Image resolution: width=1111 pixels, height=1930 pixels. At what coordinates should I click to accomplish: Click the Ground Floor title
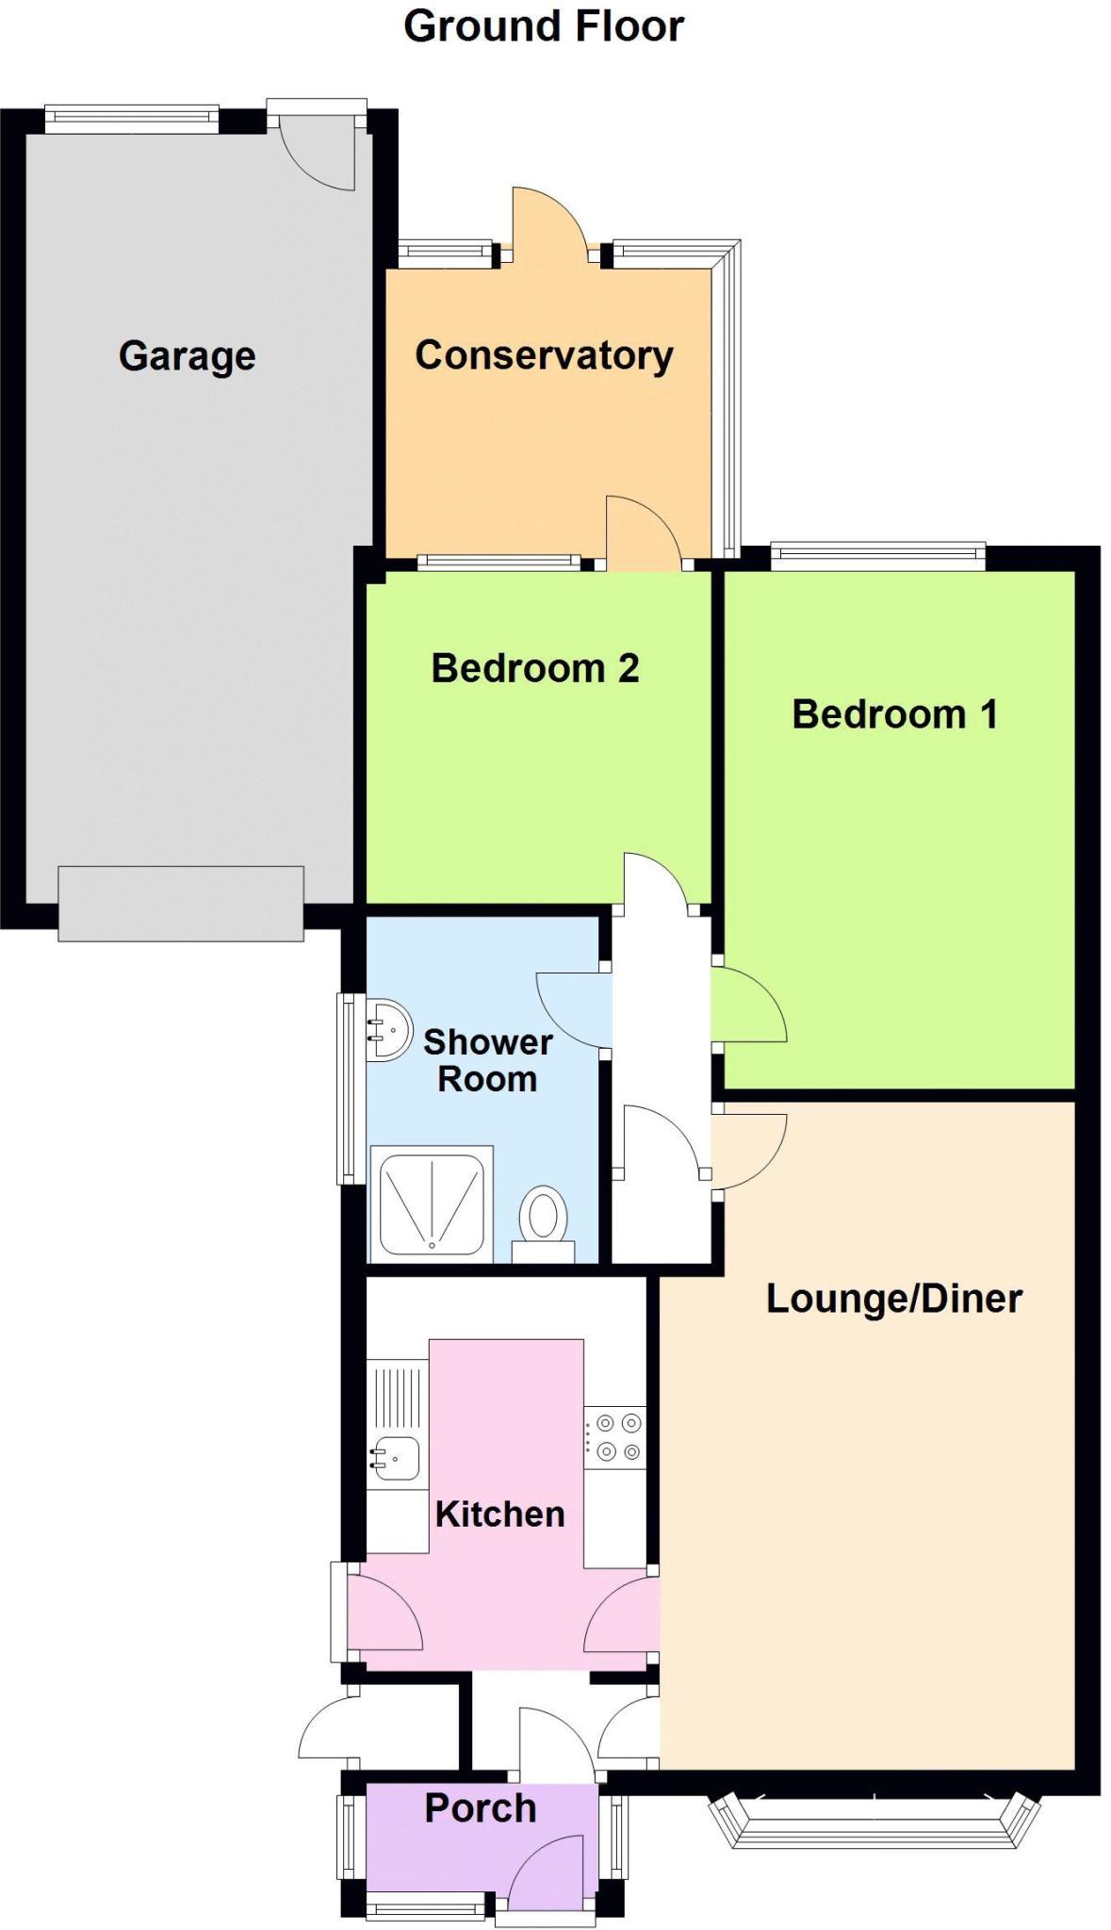coord(544,27)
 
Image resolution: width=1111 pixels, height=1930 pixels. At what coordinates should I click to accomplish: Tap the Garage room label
coord(188,356)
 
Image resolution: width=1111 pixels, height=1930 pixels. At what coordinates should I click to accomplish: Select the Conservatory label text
coord(545,355)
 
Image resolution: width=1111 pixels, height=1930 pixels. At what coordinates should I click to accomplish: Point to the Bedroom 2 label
coord(535,668)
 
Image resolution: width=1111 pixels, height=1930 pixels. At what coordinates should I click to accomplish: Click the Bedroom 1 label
coord(894,714)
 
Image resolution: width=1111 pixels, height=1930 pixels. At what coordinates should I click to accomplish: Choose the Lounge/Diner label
coord(894,1299)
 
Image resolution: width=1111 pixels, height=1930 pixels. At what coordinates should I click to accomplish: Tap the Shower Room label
coord(487,1060)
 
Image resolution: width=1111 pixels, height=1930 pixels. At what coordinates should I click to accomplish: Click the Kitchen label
coord(499,1513)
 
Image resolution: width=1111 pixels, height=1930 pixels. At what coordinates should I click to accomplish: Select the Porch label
coord(481,1808)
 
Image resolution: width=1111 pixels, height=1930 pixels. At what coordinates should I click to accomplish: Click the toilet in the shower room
coord(543,1223)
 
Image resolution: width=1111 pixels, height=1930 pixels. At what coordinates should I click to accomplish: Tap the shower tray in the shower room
coord(432,1203)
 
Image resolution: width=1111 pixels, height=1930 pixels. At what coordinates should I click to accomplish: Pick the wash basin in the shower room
coord(388,1029)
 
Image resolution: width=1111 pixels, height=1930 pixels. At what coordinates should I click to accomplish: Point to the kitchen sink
coord(396,1458)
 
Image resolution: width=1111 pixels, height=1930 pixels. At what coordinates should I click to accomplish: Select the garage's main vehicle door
coord(181,904)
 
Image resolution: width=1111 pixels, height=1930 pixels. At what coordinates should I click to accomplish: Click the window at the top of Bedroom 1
coord(878,556)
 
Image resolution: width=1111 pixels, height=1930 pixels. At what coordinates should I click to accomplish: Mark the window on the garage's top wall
coord(132,118)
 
